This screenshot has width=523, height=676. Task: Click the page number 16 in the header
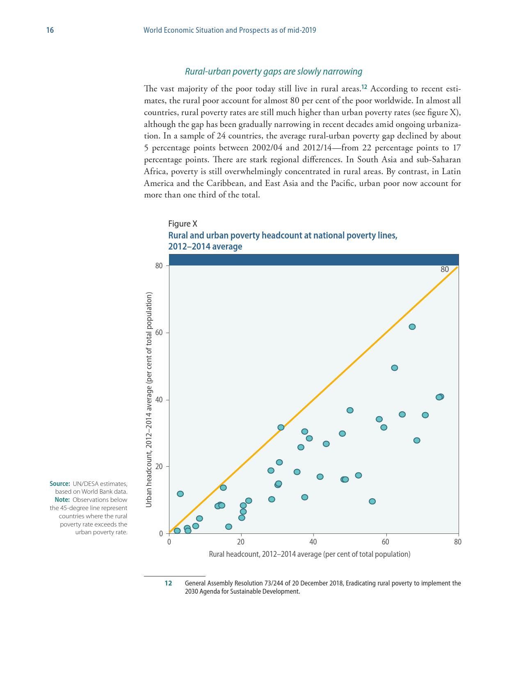50,30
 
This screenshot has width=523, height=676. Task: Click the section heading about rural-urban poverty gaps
274,72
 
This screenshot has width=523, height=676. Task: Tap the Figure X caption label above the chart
183,224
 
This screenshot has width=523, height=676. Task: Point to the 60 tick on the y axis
159,333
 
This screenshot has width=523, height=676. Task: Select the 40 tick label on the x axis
313,542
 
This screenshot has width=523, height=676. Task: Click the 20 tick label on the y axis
159,467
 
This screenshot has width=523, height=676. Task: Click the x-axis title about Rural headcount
309,554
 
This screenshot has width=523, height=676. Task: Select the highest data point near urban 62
412,327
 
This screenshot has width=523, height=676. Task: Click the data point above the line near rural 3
180,494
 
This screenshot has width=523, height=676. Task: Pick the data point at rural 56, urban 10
372,501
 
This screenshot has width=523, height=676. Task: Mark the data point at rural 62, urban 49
395,368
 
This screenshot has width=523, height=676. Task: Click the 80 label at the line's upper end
445,270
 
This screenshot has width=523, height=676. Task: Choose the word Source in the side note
59,484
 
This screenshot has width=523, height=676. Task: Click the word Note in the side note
62,500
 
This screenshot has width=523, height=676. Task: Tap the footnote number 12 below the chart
168,583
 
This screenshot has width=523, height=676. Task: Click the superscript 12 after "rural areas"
364,86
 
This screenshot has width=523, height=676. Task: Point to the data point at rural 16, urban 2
228,526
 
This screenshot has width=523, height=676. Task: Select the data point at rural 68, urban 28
417,440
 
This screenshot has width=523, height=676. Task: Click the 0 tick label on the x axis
169,542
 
